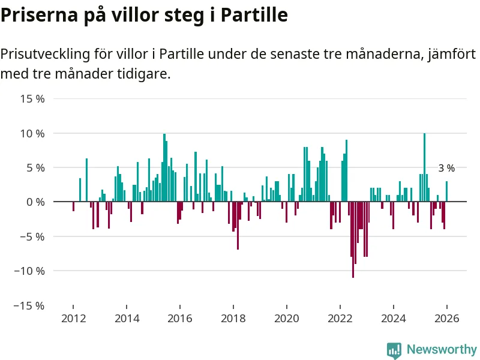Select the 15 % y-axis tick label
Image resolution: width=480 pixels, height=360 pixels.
click(x=33, y=98)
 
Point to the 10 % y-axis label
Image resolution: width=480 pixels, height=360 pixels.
click(x=33, y=133)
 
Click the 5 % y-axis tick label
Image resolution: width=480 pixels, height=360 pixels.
click(x=35, y=167)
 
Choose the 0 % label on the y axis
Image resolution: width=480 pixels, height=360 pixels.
click(x=35, y=202)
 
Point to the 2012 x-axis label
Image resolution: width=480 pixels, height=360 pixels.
click(x=73, y=319)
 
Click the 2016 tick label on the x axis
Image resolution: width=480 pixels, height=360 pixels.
click(x=180, y=319)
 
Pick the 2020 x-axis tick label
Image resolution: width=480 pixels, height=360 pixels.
click(x=286, y=319)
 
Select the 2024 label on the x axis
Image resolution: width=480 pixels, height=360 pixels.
click(x=393, y=319)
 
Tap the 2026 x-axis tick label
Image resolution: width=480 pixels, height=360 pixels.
click(x=446, y=319)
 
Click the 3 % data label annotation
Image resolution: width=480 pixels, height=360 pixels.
click(x=446, y=169)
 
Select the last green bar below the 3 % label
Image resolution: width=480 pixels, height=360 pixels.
click(x=446, y=191)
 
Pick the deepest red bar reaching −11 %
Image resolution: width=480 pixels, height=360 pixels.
click(x=353, y=240)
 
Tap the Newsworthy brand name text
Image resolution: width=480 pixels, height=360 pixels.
click(x=442, y=349)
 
